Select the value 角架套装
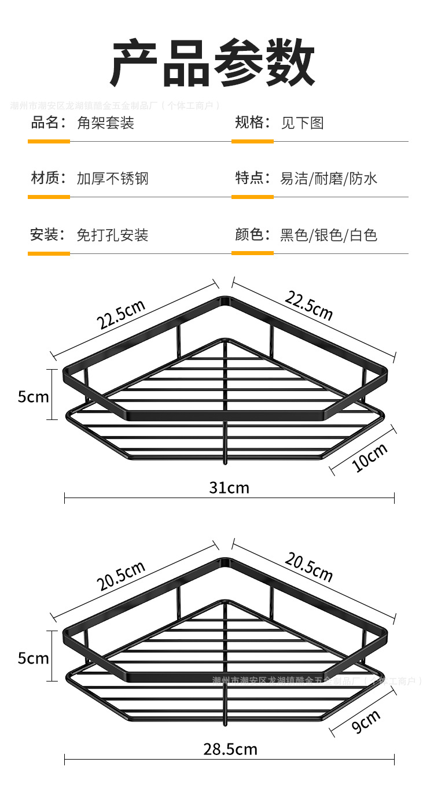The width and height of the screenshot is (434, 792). tap(105, 123)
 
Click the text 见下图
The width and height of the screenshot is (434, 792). tap(302, 123)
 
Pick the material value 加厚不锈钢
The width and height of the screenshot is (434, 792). tap(113, 178)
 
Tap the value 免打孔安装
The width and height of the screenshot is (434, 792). tap(113, 235)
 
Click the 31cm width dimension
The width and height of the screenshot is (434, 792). tap(229, 488)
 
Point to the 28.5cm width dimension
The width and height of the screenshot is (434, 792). tap(230, 750)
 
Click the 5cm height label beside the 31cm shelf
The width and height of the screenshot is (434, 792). tap(33, 397)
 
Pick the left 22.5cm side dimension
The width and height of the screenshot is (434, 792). tap(120, 315)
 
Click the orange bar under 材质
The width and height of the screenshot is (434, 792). tap(49, 197)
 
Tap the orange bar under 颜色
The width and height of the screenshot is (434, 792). tap(252, 253)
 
